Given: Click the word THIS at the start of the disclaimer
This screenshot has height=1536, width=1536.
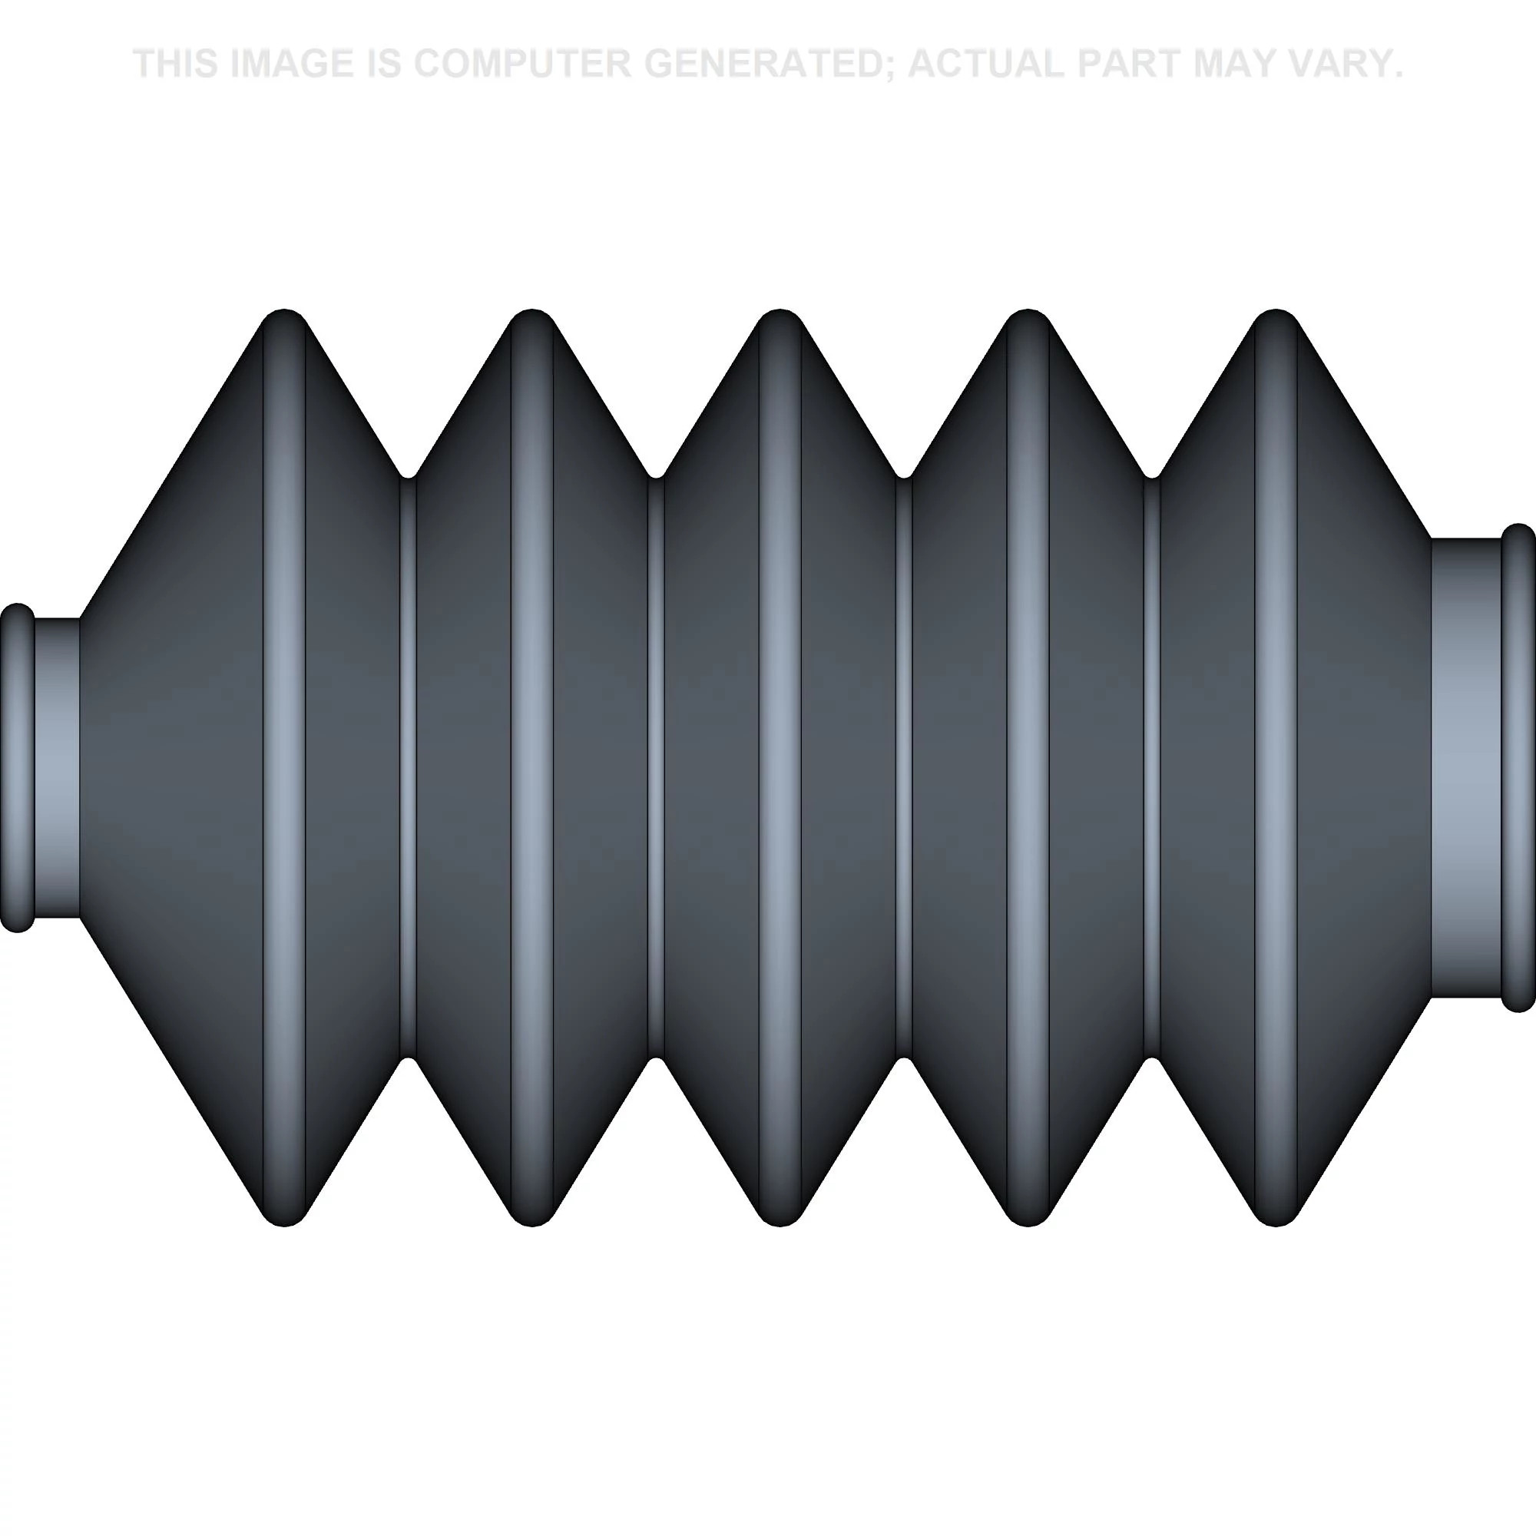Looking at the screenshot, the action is tap(176, 64).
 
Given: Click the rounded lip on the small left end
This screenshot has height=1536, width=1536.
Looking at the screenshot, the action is tap(18, 767).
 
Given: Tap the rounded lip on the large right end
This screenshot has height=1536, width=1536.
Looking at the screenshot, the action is tap(1518, 767).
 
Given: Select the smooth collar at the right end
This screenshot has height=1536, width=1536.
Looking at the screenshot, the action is tap(1466, 767).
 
